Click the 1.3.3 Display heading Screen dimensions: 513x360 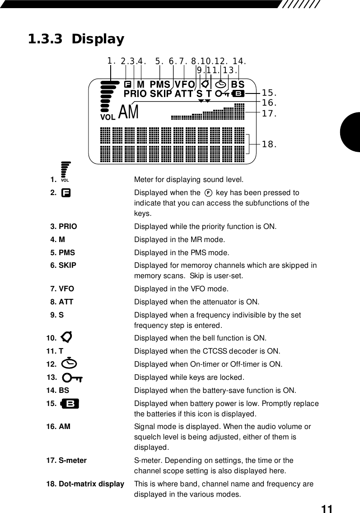76,39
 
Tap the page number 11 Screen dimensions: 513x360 327,509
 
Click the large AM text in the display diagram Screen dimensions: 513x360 129,112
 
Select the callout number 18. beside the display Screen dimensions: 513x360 269,145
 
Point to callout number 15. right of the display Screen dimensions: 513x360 269,93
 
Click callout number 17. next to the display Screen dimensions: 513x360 269,113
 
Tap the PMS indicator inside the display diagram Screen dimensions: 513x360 160,84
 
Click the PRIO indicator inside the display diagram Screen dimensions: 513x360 135,94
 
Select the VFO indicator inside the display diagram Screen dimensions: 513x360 185,84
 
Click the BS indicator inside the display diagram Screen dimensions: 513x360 238,84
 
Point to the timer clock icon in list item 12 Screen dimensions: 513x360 70,364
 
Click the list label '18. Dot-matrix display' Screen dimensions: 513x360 85,484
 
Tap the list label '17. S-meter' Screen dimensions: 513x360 66,460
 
